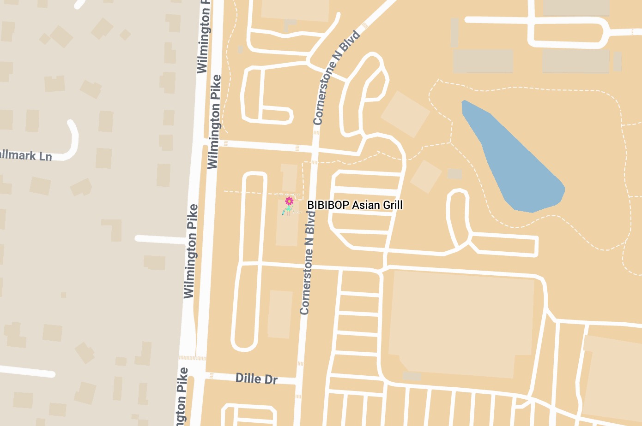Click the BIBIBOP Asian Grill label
click(355, 205)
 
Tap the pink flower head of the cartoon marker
click(289, 201)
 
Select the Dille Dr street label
click(256, 379)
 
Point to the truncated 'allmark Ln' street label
click(26, 155)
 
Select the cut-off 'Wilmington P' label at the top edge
click(204, 37)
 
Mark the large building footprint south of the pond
click(462, 323)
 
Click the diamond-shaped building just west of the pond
click(405, 114)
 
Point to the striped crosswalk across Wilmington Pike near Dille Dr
click(193, 358)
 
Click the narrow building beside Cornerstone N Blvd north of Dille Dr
click(280, 314)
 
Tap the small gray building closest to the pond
click(455, 174)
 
